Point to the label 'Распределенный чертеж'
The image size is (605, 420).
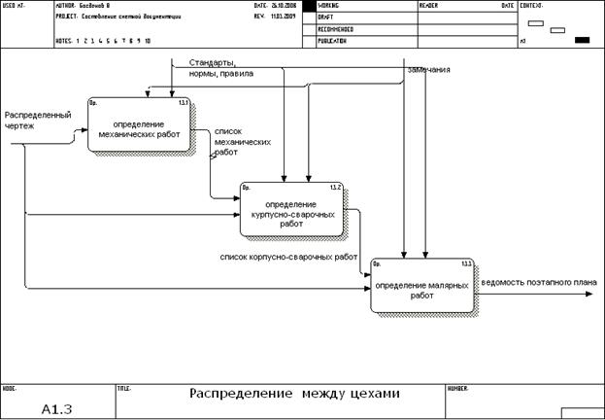point(37,122)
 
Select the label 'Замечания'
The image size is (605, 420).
point(427,70)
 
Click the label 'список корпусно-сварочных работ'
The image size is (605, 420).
point(288,257)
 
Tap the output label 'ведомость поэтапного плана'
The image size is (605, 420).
point(538,283)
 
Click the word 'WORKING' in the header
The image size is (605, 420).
point(336,6)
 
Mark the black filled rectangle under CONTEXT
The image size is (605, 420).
point(583,40)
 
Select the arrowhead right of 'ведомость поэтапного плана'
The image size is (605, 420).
point(593,294)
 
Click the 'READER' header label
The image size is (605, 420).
point(430,6)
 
